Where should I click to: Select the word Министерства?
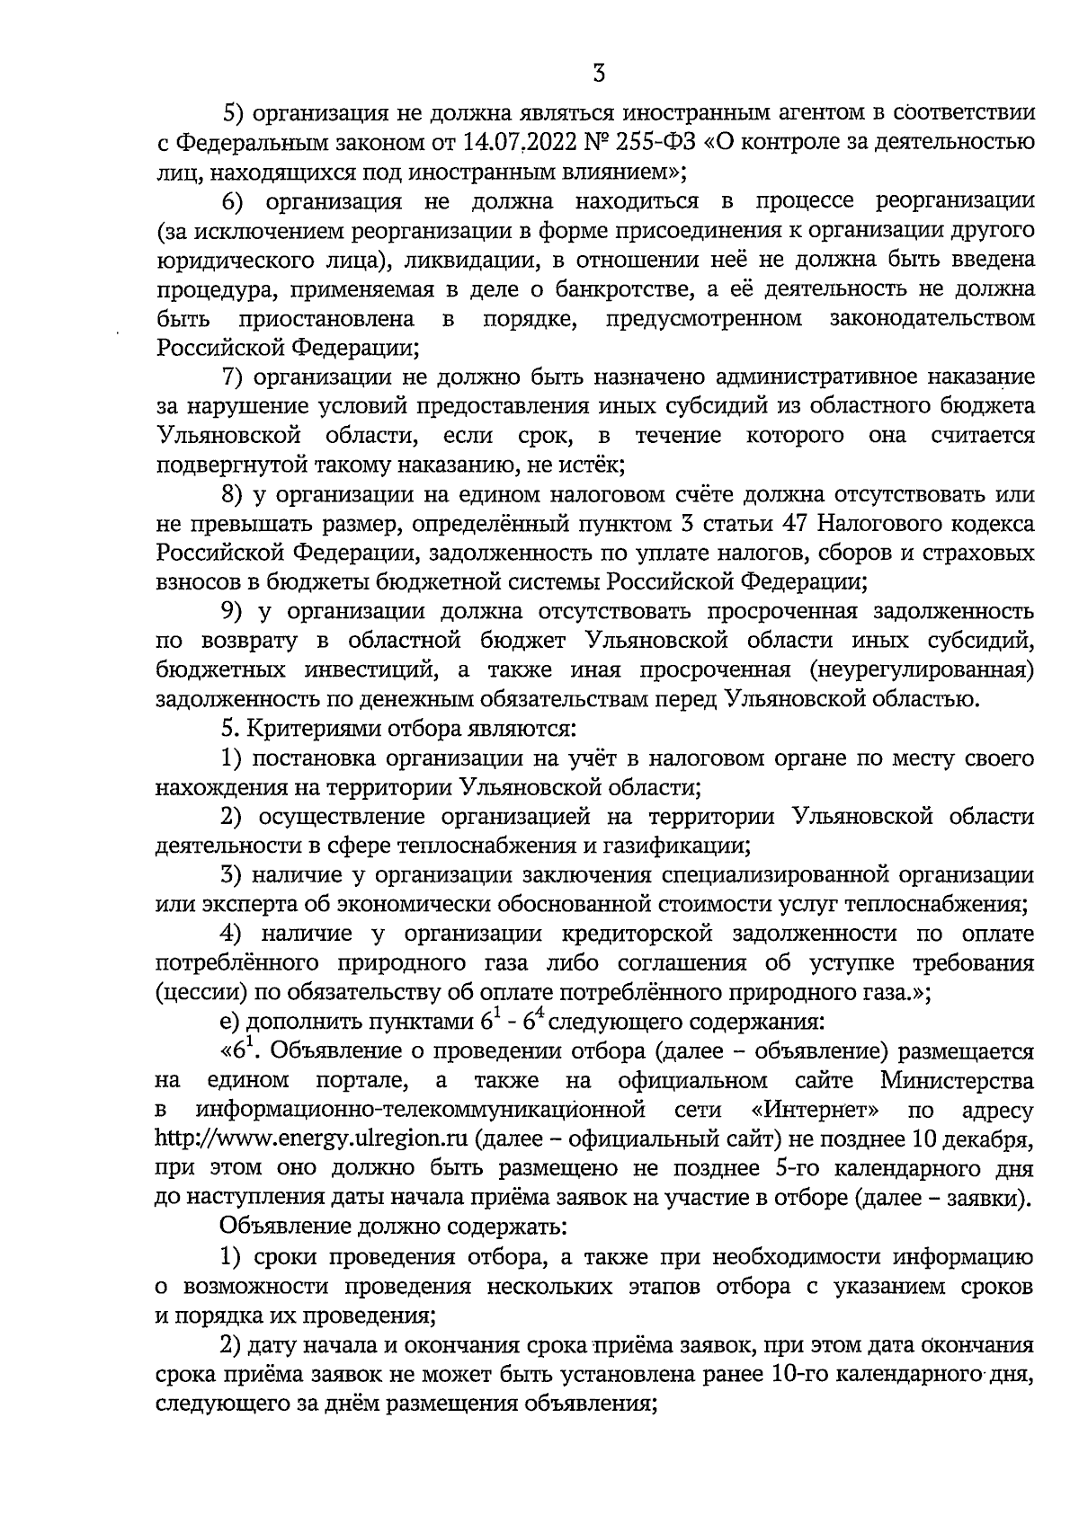tap(957, 1079)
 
